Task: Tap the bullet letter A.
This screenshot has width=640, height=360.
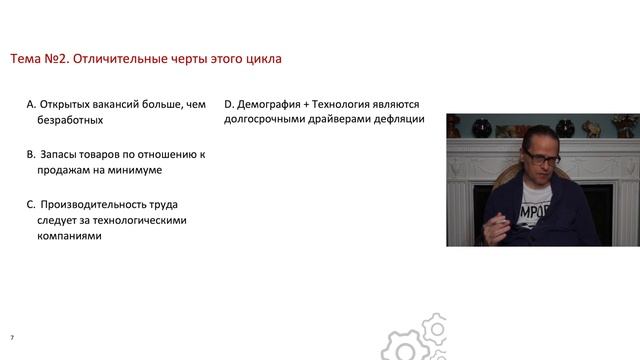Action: click(x=31, y=104)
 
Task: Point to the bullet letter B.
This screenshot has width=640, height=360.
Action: click(x=31, y=155)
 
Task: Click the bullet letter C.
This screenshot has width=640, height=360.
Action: click(x=31, y=204)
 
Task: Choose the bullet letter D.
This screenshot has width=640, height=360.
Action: click(x=229, y=104)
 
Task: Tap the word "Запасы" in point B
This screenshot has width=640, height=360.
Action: click(x=62, y=155)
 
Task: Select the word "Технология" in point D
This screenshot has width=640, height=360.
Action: click(x=353, y=104)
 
